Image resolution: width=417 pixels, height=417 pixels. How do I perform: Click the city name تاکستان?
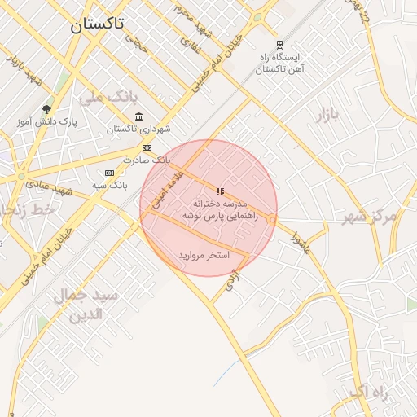[x=97, y=24]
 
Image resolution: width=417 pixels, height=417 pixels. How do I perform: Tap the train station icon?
[x=280, y=45]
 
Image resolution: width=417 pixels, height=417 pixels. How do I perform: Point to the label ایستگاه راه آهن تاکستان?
[x=279, y=64]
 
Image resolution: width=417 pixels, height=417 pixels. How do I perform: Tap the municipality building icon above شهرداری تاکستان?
[x=139, y=116]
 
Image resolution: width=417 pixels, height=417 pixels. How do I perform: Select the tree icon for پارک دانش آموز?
[x=46, y=109]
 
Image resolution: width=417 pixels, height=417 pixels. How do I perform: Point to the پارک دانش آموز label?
[x=46, y=122]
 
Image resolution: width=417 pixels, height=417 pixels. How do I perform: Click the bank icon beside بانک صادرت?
[x=147, y=147]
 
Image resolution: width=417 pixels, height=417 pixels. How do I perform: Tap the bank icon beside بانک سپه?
[x=110, y=173]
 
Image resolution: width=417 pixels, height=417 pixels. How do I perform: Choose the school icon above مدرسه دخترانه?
[x=220, y=191]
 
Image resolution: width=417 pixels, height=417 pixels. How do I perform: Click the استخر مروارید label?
[x=204, y=256]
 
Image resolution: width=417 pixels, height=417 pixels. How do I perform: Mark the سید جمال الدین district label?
[x=86, y=305]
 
